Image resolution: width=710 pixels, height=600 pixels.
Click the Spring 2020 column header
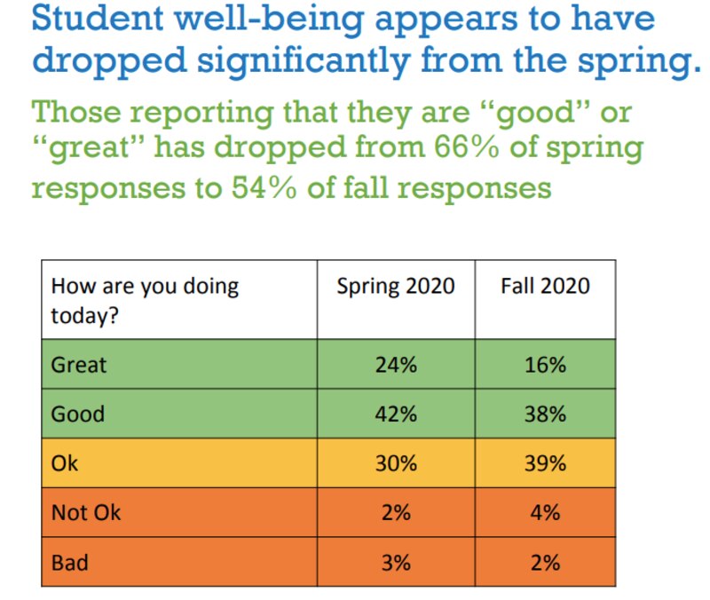click(395, 286)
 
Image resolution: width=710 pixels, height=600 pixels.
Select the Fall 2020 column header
click(545, 286)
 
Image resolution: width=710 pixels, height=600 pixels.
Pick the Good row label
click(78, 414)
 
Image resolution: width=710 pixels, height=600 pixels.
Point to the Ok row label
click(65, 463)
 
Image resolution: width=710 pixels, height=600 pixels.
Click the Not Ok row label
click(86, 512)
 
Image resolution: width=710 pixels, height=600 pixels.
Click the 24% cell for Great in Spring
click(395, 365)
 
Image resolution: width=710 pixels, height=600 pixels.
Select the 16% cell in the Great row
click(545, 365)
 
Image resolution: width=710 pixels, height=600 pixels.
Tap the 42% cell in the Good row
click(395, 414)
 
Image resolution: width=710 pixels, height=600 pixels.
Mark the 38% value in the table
click(545, 414)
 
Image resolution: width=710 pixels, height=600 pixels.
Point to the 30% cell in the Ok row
click(395, 463)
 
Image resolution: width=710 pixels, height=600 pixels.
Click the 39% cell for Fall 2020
click(545, 463)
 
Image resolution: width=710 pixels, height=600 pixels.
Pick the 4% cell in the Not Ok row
click(545, 512)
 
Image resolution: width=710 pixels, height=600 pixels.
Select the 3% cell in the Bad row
click(395, 562)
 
